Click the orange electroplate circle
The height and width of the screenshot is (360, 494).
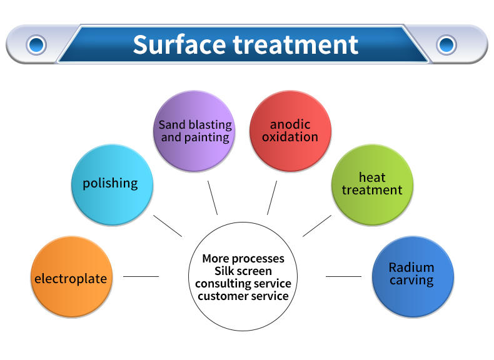coord(71,277)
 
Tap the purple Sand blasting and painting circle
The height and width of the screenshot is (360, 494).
coord(194,130)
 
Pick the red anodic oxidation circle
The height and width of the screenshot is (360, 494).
coord(290,131)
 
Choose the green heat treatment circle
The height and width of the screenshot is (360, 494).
coord(372,184)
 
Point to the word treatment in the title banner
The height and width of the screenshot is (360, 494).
coord(296,45)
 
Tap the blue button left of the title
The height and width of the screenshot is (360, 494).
coord(36,44)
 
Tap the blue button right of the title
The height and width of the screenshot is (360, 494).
coord(446,44)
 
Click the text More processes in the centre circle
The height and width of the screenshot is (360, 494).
coord(243,259)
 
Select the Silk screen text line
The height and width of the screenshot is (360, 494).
coord(243,271)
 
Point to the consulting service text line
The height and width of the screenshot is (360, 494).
coord(243,283)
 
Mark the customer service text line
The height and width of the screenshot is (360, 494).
coord(243,296)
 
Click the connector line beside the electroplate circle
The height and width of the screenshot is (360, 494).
coord(141,276)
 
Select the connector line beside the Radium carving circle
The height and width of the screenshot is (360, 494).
coord(343,276)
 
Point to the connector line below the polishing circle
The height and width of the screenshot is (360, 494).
coord(168,226)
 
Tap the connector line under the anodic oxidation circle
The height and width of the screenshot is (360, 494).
coord(272,198)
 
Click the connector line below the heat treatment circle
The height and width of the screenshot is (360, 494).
coord(317,226)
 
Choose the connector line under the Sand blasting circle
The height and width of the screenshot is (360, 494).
coord(213,198)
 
